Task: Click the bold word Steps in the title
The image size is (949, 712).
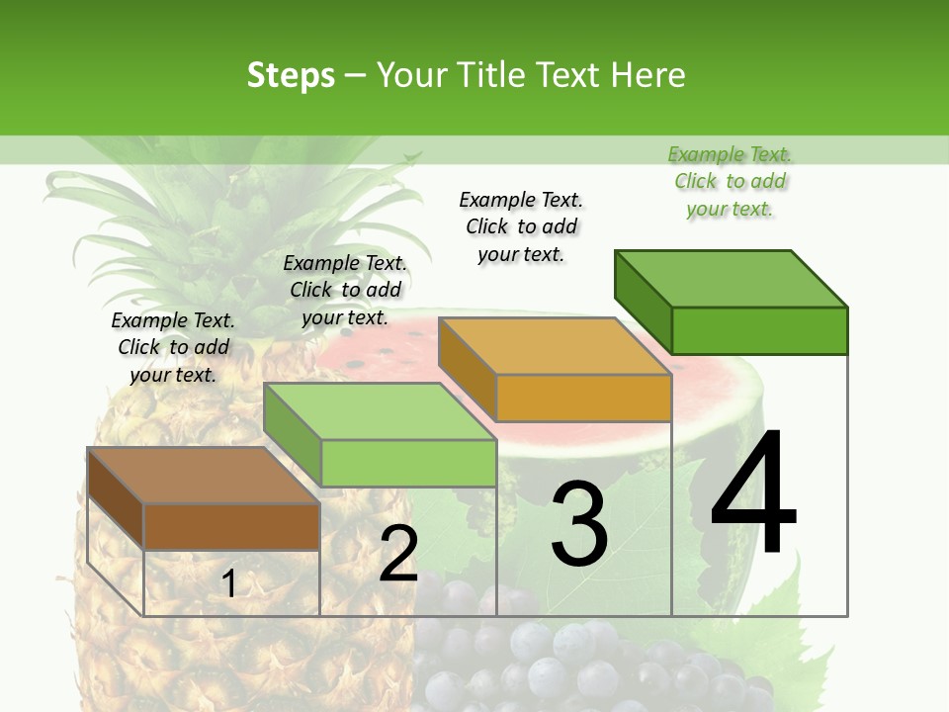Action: [291, 75]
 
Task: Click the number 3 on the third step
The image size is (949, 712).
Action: [579, 524]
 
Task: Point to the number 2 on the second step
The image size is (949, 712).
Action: [398, 554]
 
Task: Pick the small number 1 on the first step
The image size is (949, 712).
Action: [229, 584]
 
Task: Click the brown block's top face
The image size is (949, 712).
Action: [204, 476]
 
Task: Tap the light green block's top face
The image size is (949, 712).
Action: [380, 411]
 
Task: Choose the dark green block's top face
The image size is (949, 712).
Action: [732, 279]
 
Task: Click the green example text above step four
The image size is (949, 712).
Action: [730, 182]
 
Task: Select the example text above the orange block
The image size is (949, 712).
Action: [521, 226]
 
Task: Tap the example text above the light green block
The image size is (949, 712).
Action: [345, 290]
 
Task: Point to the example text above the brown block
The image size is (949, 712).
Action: [173, 347]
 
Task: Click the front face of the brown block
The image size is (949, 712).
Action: [231, 526]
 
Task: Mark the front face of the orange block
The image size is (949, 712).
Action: [583, 398]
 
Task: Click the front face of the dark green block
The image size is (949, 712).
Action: [759, 330]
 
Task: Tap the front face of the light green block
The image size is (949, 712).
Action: [407, 463]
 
